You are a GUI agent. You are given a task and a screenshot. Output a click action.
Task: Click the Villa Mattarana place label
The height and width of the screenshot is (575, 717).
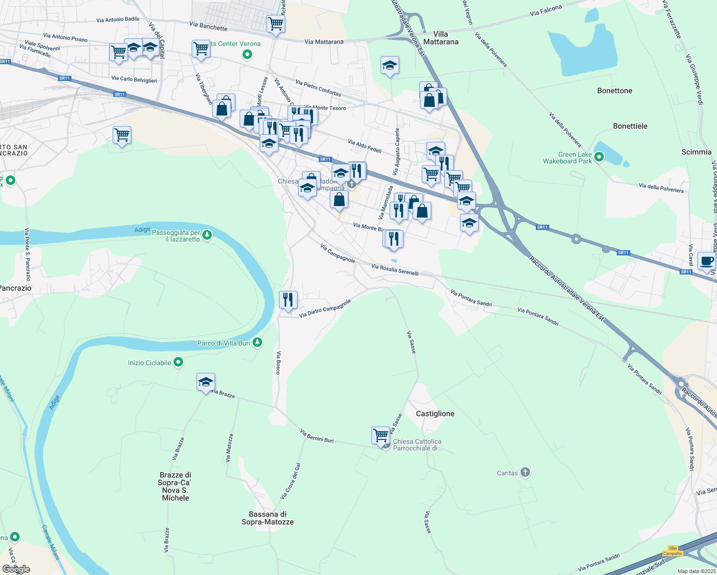tap(440, 38)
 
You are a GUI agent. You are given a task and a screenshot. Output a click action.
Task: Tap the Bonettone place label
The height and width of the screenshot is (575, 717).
tap(614, 91)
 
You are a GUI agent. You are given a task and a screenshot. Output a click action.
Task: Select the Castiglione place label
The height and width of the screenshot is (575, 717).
tap(435, 414)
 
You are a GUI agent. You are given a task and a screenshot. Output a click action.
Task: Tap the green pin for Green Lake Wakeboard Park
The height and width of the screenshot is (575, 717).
tap(599, 157)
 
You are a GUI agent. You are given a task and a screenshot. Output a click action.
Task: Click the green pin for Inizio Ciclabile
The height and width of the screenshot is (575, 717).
tap(178, 362)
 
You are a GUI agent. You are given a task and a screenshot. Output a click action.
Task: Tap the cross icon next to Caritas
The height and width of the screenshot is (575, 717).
tap(525, 472)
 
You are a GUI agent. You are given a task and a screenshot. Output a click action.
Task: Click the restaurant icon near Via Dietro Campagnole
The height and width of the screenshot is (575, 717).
tap(288, 299)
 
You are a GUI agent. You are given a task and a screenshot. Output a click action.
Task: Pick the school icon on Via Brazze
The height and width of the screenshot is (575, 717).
tap(206, 382)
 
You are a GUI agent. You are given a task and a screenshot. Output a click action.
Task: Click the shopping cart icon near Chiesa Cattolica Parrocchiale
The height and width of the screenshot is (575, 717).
tap(381, 435)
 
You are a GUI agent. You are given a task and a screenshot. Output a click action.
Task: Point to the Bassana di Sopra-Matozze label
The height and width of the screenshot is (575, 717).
tap(267, 518)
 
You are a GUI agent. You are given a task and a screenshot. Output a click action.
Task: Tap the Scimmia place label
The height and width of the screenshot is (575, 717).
tap(696, 152)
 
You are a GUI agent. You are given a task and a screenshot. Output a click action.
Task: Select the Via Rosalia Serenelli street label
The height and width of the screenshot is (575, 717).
tap(395, 270)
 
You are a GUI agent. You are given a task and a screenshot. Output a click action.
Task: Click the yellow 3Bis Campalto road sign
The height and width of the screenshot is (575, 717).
tap(672, 551)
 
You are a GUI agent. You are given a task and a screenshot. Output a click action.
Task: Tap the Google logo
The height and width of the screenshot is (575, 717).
tap(16, 569)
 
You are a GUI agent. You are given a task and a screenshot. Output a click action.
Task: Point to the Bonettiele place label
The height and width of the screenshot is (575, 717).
tap(630, 126)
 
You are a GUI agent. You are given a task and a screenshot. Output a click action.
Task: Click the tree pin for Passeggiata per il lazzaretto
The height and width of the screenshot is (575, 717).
tap(207, 235)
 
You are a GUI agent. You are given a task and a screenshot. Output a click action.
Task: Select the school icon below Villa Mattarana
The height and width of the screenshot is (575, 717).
tap(390, 65)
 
